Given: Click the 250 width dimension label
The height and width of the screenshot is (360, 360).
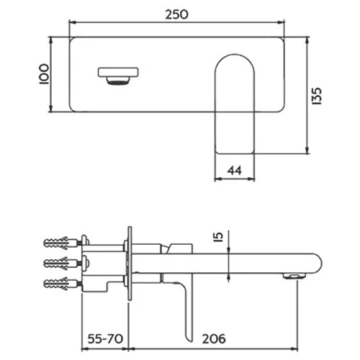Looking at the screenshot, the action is pos(177,14).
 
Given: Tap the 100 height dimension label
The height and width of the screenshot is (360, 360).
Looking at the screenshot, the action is pos(44,74).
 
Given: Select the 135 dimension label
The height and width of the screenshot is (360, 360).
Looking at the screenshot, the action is pos(317,96).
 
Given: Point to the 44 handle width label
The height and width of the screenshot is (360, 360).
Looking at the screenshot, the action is pos(235,171).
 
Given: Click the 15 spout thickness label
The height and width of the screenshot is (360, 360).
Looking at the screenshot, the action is pos(219,237).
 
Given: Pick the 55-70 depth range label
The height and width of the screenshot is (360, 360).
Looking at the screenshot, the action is pos(105,339).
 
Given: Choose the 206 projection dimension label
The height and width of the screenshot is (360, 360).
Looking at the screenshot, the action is pos(214,339).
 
